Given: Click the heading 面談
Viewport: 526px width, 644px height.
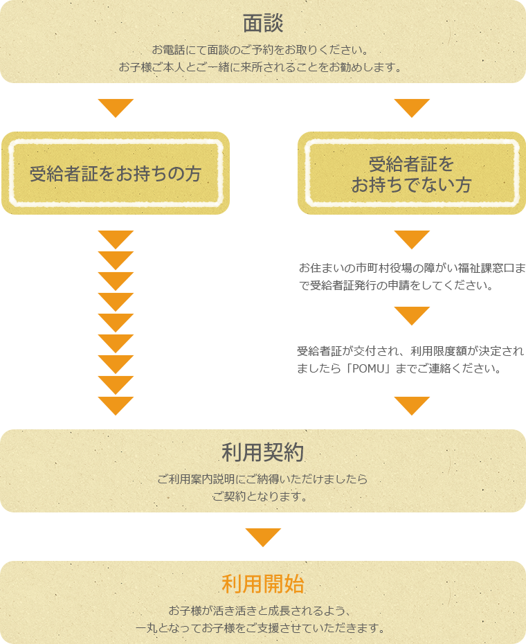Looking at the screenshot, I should click(x=263, y=24).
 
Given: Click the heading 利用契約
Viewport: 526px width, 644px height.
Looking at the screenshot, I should click(x=263, y=453).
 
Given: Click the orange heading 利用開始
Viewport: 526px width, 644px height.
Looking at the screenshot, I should click(x=263, y=584).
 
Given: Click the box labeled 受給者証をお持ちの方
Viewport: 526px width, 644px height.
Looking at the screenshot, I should click(x=115, y=173).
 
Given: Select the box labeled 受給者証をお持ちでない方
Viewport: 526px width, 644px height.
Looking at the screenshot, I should click(x=411, y=174).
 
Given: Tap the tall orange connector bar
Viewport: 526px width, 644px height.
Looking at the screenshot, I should click(x=116, y=323).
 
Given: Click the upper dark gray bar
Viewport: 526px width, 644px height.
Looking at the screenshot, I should click(x=409, y=277).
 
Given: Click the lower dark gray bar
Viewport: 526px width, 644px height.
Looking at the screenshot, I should click(x=409, y=359).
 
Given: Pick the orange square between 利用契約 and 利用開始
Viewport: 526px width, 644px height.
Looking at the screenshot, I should click(x=263, y=537).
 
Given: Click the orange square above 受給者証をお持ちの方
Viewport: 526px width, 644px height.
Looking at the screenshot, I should click(x=116, y=108).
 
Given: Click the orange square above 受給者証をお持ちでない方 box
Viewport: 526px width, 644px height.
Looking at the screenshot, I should click(x=412, y=108).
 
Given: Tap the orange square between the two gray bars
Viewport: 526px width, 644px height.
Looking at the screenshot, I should click(x=412, y=316).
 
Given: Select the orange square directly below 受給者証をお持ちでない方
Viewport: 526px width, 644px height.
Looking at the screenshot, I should click(x=412, y=240).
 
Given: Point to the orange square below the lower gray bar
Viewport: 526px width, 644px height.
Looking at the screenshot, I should click(x=412, y=406).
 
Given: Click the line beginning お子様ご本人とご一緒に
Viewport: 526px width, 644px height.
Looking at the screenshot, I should click(x=260, y=68).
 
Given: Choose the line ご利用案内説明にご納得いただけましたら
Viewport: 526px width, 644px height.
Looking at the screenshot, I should click(x=263, y=479).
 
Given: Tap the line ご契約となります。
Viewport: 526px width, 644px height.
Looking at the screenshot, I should click(x=260, y=497).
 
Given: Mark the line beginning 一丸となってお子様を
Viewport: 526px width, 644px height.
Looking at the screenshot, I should click(x=260, y=628).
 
